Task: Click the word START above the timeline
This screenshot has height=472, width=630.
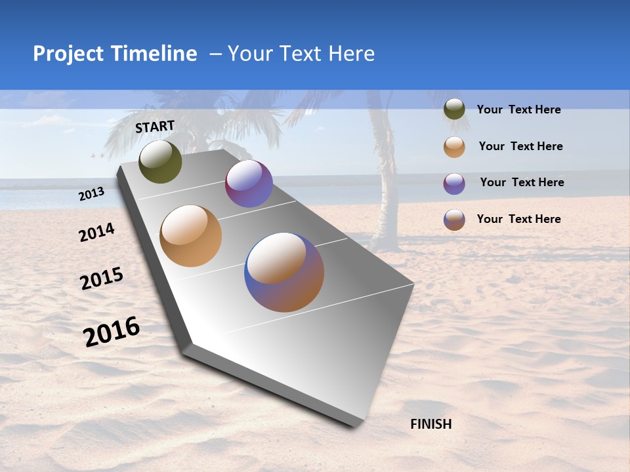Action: [x=155, y=126]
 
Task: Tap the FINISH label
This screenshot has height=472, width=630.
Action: [x=431, y=424]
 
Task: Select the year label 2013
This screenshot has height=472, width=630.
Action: [x=92, y=193]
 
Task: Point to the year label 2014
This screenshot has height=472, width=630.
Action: [x=97, y=232]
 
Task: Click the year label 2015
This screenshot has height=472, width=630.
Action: [x=102, y=279]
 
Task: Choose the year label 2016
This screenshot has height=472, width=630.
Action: [x=112, y=331]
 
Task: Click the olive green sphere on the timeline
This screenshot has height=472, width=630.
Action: [x=160, y=161]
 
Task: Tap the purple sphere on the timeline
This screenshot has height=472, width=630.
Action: [x=249, y=184]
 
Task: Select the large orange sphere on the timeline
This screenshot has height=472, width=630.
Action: [x=191, y=236]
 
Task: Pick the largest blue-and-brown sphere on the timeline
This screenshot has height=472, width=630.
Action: [x=284, y=272]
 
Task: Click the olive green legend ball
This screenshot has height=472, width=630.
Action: [x=454, y=109]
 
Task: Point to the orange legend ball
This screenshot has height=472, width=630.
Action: [x=454, y=147]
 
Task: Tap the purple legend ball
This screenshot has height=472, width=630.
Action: [x=454, y=183]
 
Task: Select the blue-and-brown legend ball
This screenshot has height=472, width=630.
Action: [x=454, y=219]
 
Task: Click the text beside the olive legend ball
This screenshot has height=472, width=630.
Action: [x=518, y=109]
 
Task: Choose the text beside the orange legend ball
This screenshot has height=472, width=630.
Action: [x=520, y=146]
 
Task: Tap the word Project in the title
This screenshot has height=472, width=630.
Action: [x=69, y=54]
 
